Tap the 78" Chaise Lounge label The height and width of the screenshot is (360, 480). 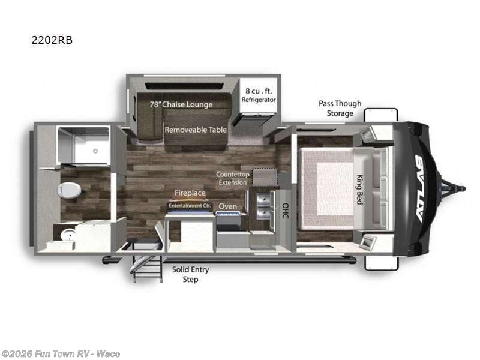181,104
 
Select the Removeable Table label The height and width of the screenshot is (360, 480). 196,129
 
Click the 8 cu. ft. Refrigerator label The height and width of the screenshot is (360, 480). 259,95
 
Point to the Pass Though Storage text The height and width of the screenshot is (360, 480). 340,108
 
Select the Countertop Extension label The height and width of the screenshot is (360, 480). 232,178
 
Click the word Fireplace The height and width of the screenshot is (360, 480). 190,193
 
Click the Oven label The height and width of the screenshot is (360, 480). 227,206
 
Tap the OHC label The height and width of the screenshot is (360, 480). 285,211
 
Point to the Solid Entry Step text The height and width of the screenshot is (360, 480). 190,275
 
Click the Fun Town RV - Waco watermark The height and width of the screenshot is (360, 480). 61,353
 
